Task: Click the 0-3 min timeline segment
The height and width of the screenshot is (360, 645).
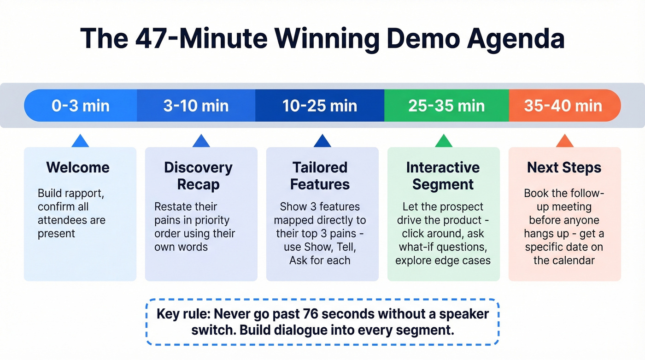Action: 81,106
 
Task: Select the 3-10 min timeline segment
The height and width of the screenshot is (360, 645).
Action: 196,106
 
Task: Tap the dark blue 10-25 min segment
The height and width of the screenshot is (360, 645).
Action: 320,106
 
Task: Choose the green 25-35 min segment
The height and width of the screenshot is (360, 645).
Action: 446,106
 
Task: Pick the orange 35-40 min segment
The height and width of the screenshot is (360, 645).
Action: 563,106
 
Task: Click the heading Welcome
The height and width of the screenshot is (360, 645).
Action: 78,167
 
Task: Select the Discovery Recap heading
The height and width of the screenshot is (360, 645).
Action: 198,176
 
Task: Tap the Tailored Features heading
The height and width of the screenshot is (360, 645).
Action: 320,176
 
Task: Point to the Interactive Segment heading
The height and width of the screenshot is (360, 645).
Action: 442,176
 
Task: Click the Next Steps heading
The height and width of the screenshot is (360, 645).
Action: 564,167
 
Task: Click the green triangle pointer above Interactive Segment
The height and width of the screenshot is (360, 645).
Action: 443,142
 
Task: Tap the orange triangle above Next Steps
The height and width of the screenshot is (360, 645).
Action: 564,142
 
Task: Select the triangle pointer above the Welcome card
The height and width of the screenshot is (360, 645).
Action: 80,142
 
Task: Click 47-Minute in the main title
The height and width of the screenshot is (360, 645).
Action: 201,38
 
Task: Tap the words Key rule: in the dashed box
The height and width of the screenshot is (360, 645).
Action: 183,314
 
